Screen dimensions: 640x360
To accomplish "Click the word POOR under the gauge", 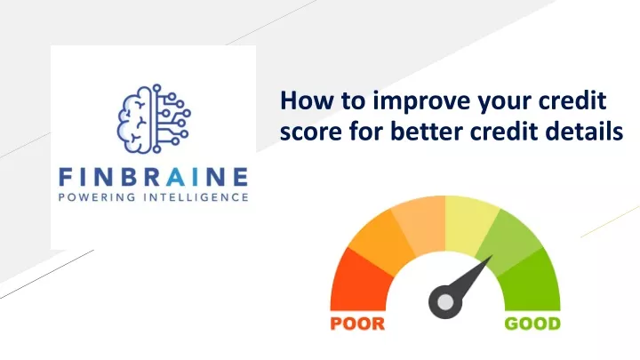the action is pyautogui.click(x=357, y=324).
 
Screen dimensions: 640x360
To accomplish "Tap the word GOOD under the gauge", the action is pyautogui.click(x=532, y=324).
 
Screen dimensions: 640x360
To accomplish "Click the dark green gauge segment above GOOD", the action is pyautogui.click(x=531, y=282).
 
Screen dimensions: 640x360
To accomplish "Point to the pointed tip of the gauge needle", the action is pyautogui.click(x=492, y=256).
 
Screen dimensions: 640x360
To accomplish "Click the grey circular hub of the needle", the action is pyautogui.click(x=445, y=302).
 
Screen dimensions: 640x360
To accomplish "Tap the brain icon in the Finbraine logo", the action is pyautogui.click(x=154, y=119).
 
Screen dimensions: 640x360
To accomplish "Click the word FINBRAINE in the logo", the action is pyautogui.click(x=154, y=177).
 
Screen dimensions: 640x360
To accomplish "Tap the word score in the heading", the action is pyautogui.click(x=310, y=132).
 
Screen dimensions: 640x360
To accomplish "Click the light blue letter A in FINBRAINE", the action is pyautogui.click(x=176, y=177).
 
